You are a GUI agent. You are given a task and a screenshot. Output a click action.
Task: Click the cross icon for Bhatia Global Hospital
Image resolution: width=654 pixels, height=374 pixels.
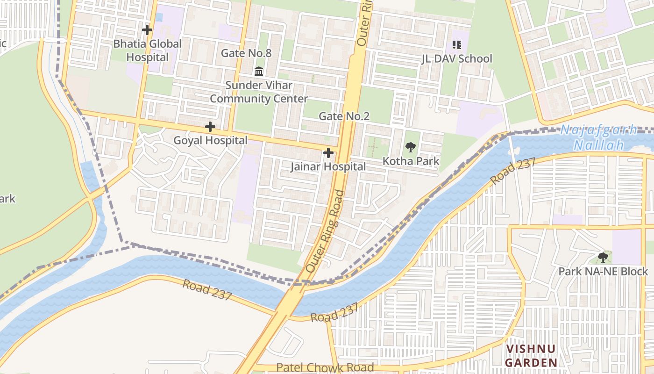click(147, 30)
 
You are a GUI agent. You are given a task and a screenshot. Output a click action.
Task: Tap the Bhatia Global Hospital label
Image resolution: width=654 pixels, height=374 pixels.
click(147, 50)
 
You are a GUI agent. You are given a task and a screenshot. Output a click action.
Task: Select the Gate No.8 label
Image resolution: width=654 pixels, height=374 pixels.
click(246, 53)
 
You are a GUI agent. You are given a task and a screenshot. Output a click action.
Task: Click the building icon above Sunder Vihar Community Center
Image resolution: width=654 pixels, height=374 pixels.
click(259, 72)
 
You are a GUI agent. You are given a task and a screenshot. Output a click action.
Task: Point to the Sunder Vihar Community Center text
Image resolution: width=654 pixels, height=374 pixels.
click(259, 92)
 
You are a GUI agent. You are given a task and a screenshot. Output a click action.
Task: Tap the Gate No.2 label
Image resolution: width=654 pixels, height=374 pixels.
click(344, 116)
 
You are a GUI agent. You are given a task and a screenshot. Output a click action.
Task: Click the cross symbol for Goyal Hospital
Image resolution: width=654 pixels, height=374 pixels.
click(210, 127)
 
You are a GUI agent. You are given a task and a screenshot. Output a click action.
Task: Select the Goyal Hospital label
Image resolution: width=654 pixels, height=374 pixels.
click(210, 140)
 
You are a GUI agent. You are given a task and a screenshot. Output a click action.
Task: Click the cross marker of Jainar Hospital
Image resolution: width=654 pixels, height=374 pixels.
click(328, 153)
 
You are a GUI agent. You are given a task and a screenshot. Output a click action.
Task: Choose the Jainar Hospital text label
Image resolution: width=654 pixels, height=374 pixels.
click(328, 166)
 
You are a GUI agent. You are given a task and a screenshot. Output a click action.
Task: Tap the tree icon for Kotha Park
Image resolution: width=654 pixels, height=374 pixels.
click(411, 148)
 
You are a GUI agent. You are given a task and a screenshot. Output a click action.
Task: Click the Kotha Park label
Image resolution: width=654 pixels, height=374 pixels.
click(411, 161)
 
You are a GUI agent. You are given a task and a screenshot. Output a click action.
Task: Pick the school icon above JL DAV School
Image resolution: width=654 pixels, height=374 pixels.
click(457, 45)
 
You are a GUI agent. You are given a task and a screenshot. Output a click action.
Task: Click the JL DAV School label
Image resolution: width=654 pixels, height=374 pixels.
click(457, 59)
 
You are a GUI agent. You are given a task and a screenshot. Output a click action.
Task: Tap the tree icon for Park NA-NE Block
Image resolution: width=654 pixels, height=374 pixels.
click(603, 257)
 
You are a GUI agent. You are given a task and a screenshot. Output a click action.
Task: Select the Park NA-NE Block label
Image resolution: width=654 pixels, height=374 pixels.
click(603, 271)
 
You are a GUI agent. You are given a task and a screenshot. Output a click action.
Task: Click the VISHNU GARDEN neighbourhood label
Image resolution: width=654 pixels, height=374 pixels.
click(532, 356)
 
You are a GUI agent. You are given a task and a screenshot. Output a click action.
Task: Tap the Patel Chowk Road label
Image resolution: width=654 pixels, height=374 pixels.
click(325, 367)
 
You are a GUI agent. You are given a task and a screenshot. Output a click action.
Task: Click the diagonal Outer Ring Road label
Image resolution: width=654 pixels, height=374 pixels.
click(326, 232)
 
